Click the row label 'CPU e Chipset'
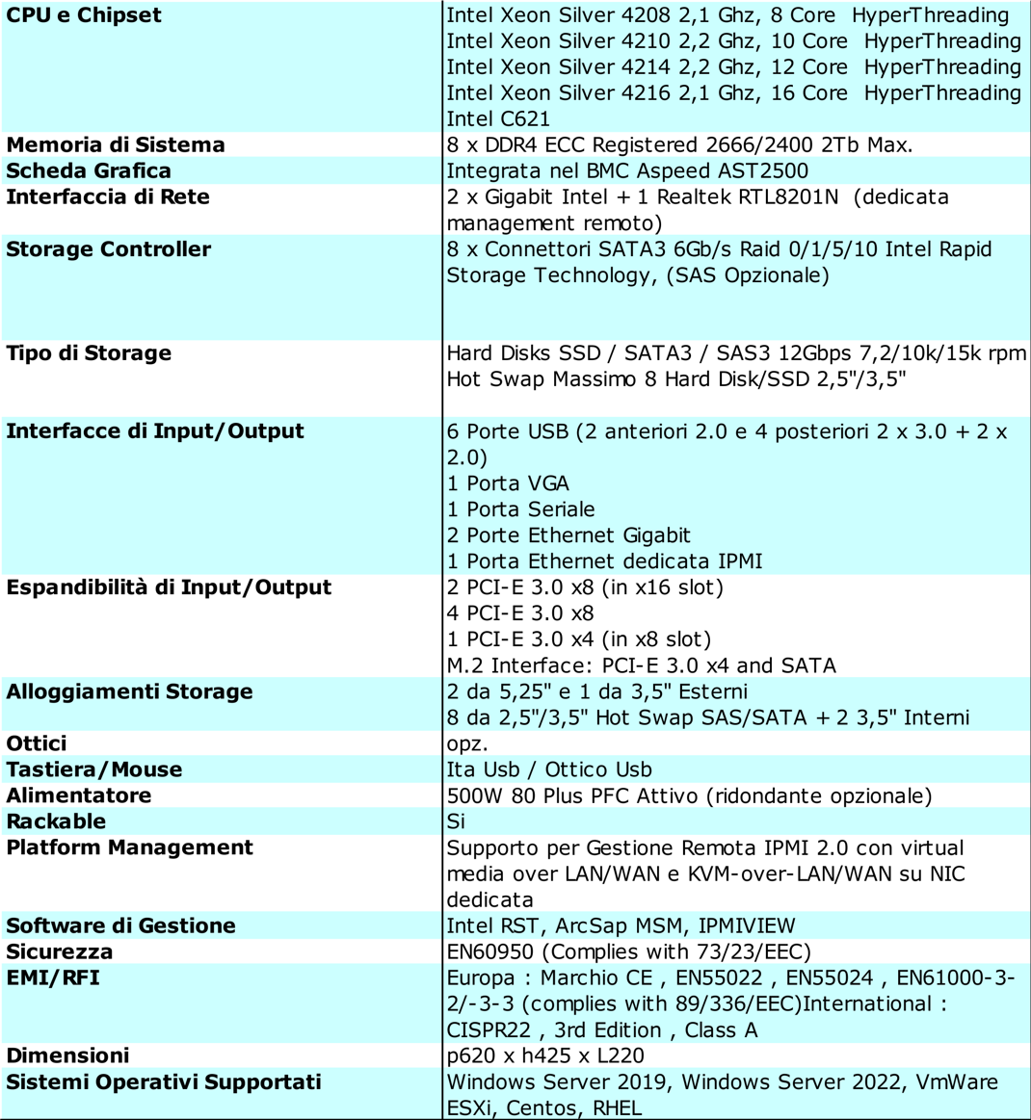click(x=84, y=15)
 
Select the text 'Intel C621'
click(x=498, y=119)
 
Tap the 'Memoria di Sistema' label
click(x=116, y=145)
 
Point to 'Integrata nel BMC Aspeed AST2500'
click(x=627, y=171)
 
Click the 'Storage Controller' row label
click(x=108, y=249)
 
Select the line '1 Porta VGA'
click(x=508, y=483)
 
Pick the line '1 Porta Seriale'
click(x=520, y=509)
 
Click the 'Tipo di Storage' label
click(x=89, y=353)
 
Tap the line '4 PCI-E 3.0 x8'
click(x=520, y=613)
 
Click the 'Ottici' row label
click(x=37, y=743)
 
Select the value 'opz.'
click(x=467, y=744)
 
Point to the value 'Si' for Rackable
click(x=456, y=821)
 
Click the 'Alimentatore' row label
click(x=79, y=795)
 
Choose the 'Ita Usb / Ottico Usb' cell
click(x=549, y=769)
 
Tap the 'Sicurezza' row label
click(x=60, y=951)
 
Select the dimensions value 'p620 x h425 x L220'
click(x=545, y=1055)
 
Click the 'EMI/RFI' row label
click(x=53, y=977)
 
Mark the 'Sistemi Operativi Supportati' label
click(x=164, y=1081)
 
